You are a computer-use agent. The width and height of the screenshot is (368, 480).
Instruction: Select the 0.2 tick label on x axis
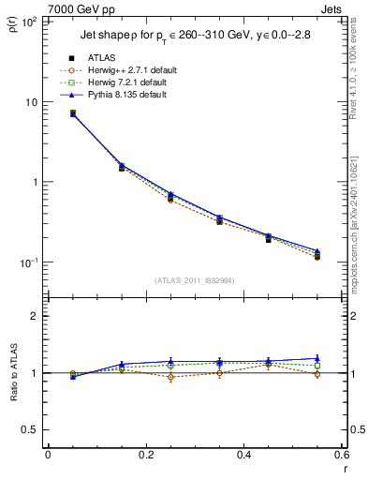(x=145, y=455)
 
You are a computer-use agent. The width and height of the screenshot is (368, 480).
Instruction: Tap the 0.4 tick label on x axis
(x=243, y=455)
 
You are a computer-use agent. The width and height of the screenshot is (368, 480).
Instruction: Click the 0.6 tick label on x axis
(x=340, y=455)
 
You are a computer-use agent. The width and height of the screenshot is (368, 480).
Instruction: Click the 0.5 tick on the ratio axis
(x=33, y=429)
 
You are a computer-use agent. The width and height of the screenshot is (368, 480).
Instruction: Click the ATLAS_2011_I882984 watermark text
(x=195, y=279)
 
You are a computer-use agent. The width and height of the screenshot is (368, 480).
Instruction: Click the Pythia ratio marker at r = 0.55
(x=317, y=358)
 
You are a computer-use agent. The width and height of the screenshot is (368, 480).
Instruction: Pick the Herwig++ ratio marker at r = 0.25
(x=170, y=377)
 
